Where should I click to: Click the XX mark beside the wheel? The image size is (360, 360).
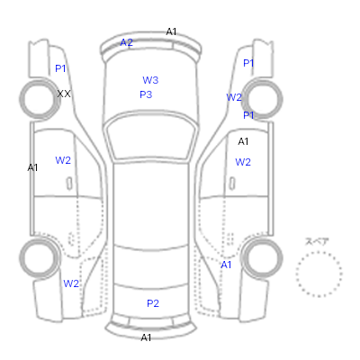point(64,94)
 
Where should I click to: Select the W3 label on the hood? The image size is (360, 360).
point(150,80)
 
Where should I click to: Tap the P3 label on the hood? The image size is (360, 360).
point(146,94)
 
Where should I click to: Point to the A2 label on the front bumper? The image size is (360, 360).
point(126,42)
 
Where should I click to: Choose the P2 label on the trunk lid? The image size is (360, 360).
point(153,303)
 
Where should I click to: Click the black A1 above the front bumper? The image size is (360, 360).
point(171,31)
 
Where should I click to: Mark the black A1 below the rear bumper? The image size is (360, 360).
point(146,337)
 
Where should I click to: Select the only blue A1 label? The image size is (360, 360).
point(226,265)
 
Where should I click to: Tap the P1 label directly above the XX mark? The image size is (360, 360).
point(60,68)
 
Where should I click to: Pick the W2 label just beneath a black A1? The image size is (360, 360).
point(243,162)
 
